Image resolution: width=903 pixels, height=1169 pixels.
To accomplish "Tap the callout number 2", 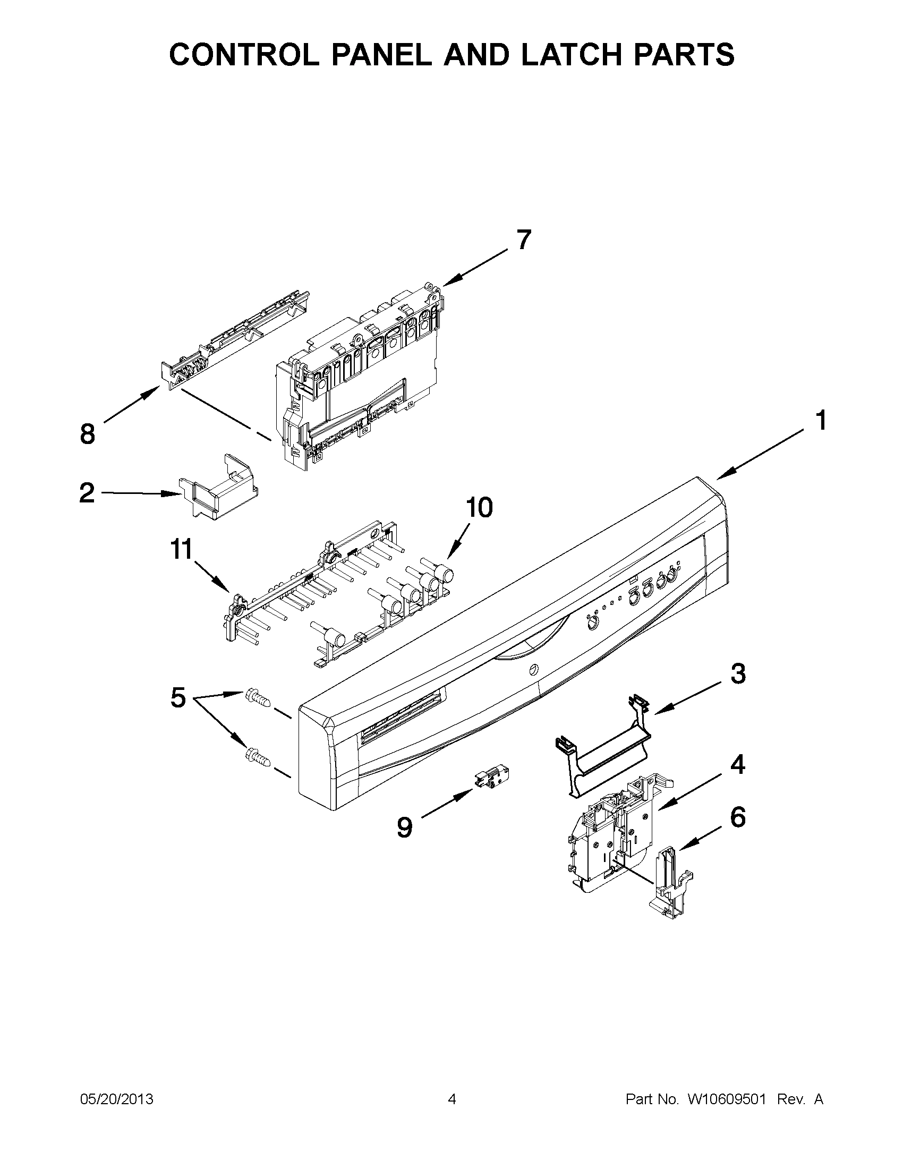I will pyautogui.click(x=87, y=492).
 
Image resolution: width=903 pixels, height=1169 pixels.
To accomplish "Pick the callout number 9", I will pyautogui.click(x=405, y=828).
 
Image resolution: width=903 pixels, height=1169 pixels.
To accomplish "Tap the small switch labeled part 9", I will pyautogui.click(x=491, y=777).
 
